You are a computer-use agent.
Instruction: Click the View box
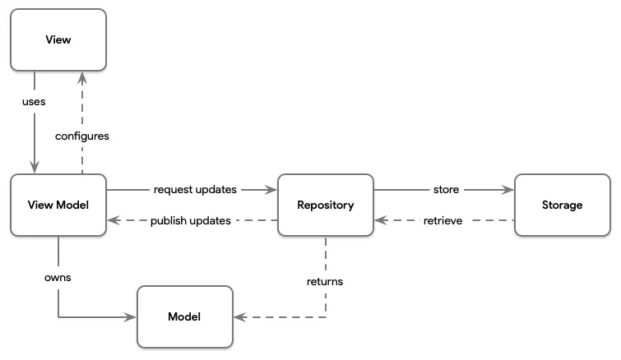click(58, 39)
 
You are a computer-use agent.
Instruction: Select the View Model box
click(58, 205)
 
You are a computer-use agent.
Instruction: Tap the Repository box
click(326, 205)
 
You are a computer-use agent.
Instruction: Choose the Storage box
click(562, 205)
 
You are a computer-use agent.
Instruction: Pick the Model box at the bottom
click(184, 316)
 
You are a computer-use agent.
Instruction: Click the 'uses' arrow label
click(35, 103)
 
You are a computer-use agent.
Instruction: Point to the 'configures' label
click(82, 136)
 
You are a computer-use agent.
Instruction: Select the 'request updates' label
click(195, 189)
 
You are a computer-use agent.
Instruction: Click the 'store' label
click(446, 189)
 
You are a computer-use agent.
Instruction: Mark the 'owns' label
click(58, 278)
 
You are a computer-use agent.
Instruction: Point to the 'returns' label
click(326, 281)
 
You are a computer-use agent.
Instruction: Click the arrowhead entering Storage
click(508, 190)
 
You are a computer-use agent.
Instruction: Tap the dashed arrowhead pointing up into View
click(82, 76)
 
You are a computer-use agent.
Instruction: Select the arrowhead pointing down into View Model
click(35, 168)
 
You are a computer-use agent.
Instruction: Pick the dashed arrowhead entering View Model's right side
click(114, 220)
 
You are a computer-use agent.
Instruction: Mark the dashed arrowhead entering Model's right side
click(239, 316)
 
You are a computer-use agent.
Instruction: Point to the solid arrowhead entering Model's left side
click(131, 316)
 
